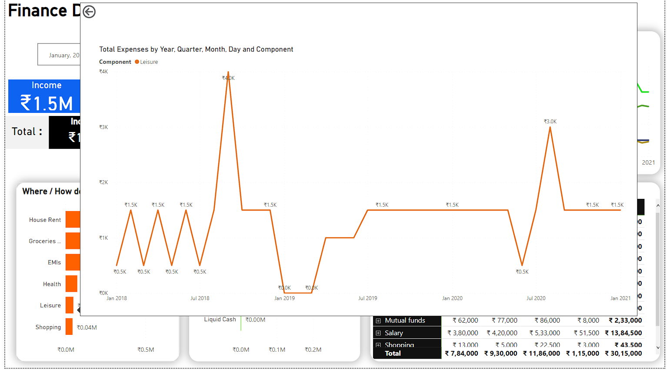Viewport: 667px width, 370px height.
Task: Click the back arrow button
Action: point(89,12)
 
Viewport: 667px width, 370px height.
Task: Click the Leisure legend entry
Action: point(147,62)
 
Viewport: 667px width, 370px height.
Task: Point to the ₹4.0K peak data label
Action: point(228,78)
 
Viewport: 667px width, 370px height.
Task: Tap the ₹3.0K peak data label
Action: point(550,122)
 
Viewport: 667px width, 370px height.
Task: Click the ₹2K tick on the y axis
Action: point(103,182)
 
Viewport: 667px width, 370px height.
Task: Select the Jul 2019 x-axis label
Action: point(367,298)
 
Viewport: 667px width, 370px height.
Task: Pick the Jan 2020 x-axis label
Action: point(452,298)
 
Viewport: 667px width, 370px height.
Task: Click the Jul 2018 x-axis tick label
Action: point(200,298)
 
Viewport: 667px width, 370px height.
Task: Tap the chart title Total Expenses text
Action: point(196,50)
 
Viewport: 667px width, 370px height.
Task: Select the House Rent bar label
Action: point(45,220)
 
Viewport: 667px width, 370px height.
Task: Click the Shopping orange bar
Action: point(69,327)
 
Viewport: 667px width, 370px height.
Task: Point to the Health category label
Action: point(52,284)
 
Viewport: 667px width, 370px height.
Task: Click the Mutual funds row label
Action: point(405,320)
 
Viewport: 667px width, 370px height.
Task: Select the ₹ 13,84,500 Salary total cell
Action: point(623,333)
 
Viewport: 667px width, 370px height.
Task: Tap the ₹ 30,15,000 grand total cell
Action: point(623,353)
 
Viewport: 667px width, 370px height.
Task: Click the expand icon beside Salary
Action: point(378,333)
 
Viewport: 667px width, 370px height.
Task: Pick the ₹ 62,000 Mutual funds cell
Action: point(465,320)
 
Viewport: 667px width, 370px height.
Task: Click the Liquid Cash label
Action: point(220,320)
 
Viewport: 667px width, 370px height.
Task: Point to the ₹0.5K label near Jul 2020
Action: point(522,272)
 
